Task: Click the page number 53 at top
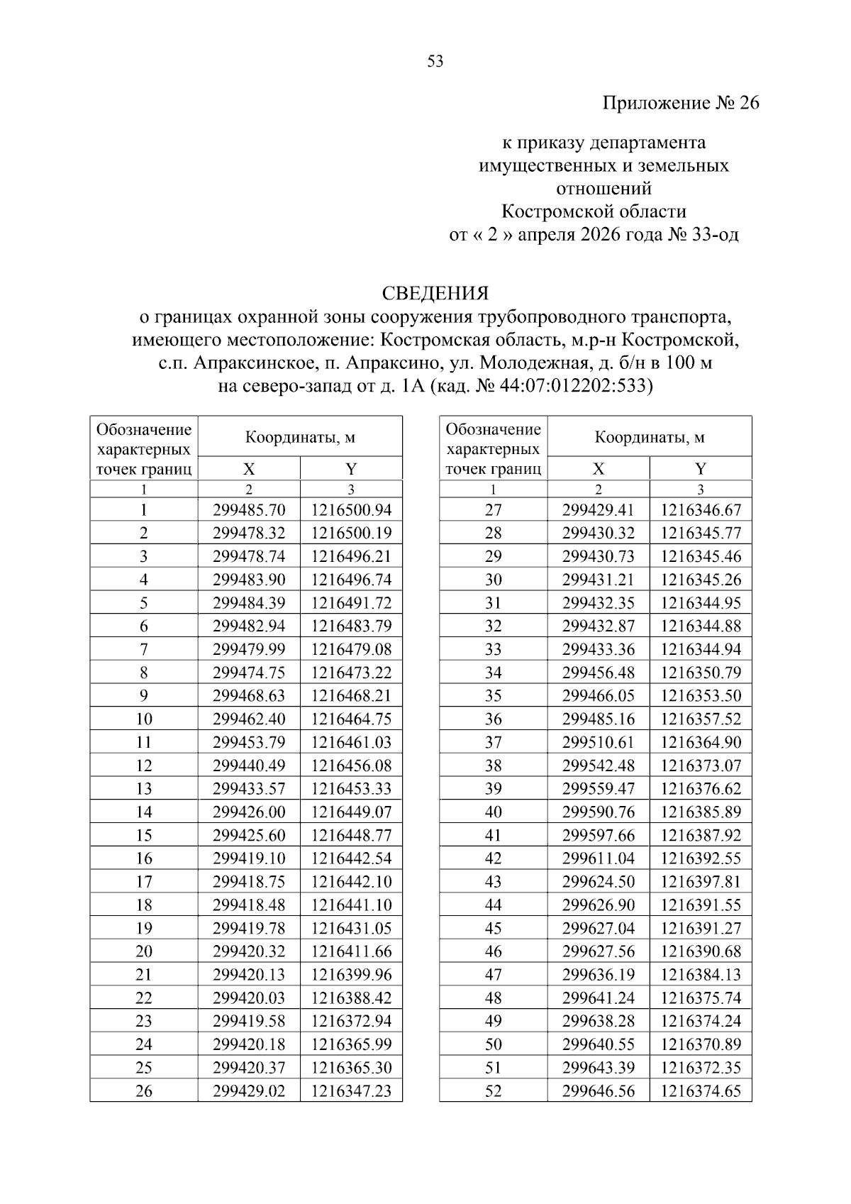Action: [x=435, y=62]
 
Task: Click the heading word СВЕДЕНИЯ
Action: [x=435, y=293]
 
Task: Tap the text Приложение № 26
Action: [x=680, y=104]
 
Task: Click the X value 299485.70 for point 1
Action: [x=249, y=510]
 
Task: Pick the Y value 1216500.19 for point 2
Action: [x=351, y=534]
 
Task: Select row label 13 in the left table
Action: [x=144, y=789]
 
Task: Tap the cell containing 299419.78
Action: [x=249, y=928]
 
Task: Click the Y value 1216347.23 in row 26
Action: [x=351, y=1091]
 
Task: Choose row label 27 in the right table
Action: [x=493, y=510]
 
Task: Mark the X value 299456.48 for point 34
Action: [x=598, y=673]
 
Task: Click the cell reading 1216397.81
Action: [x=701, y=882]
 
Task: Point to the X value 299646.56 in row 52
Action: [x=598, y=1091]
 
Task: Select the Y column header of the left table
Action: [x=351, y=469]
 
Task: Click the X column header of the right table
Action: [x=598, y=469]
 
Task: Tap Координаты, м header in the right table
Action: [x=649, y=438]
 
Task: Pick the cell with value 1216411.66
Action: [x=351, y=951]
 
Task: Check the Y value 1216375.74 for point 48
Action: [x=701, y=998]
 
